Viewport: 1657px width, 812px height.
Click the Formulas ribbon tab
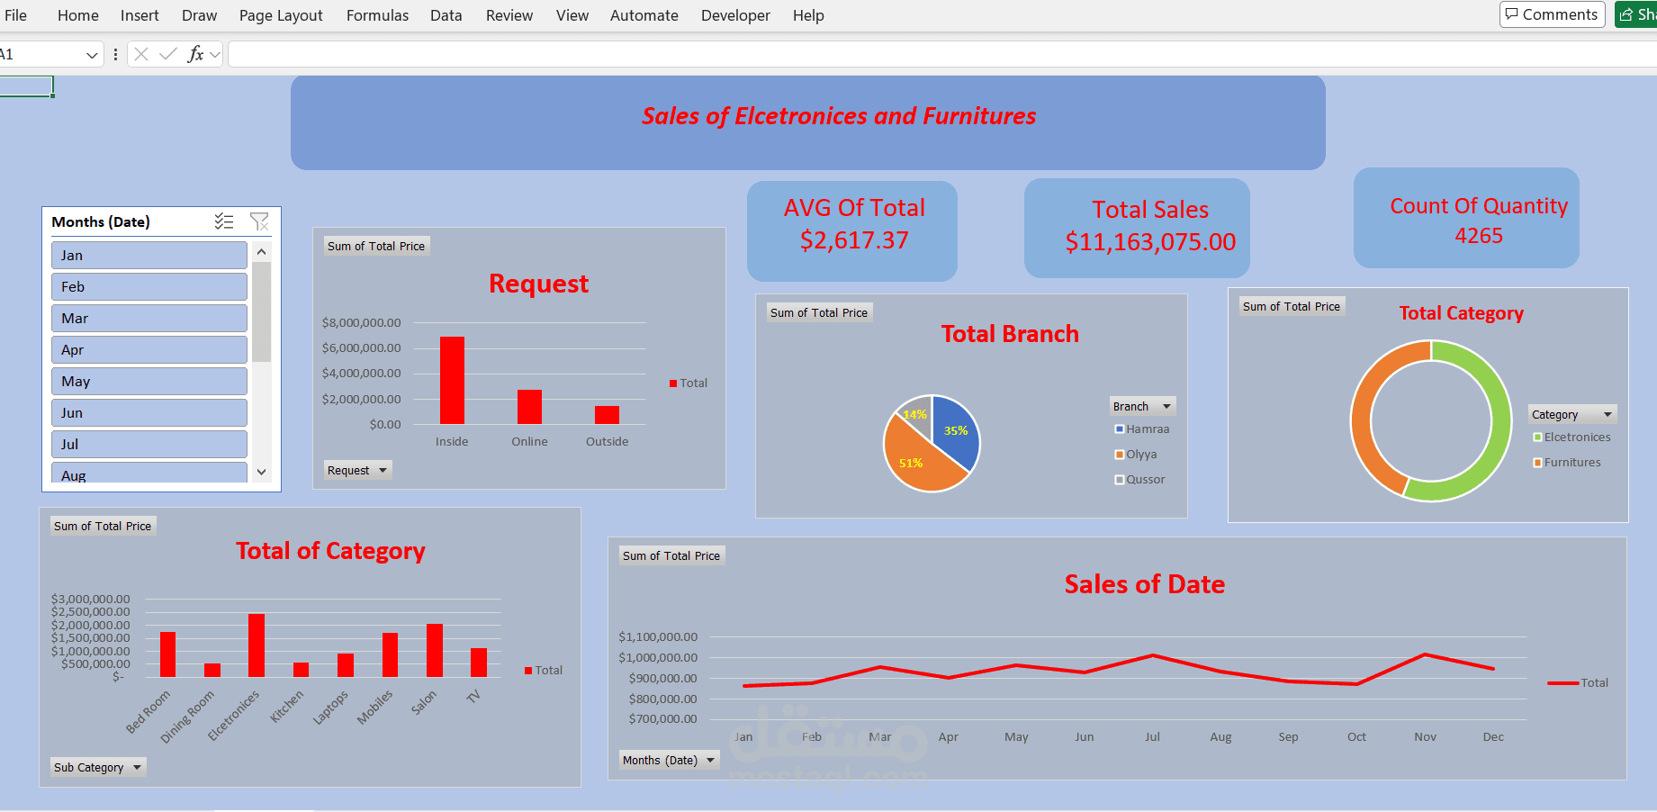pos(377,15)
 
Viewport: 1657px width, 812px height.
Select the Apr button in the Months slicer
pos(149,349)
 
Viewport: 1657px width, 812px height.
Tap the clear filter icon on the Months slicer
pos(259,221)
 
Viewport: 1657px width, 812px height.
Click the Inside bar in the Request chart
pos(452,380)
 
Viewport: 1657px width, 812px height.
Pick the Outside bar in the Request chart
pos(607,415)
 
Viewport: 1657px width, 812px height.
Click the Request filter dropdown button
pos(357,470)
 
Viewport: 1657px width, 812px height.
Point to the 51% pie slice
pos(918,459)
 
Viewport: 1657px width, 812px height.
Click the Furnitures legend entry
pos(1571,463)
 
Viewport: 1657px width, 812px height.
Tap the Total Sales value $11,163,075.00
pos(1149,242)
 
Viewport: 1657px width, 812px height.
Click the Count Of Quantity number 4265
pos(1478,236)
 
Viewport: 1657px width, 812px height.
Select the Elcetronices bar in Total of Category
pos(257,645)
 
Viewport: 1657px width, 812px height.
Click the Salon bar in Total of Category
pos(435,650)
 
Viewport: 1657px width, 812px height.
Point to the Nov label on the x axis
pos(1425,736)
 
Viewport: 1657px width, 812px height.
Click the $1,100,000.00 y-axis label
pos(657,637)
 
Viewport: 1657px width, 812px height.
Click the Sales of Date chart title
pos(1144,584)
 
